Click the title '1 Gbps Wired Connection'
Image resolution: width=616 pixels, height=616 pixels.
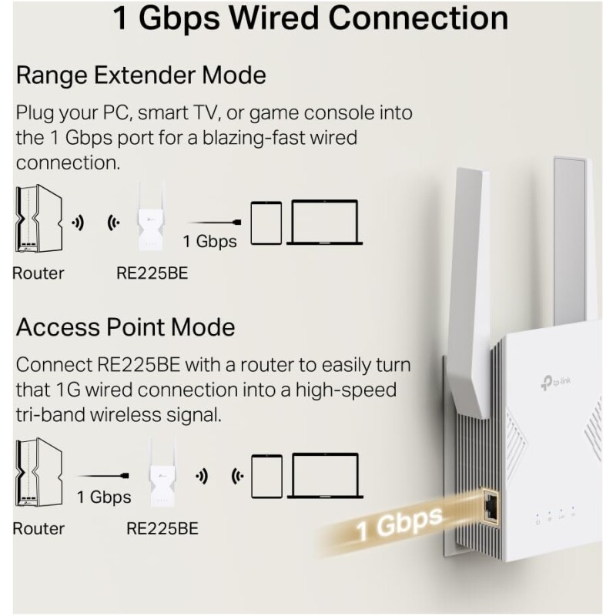(310, 18)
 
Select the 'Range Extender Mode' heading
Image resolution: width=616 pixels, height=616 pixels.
(141, 75)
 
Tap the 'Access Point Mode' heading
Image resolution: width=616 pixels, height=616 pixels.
(126, 327)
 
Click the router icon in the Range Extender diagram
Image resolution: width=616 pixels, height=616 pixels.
(38, 219)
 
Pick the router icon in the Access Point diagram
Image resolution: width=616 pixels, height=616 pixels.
(38, 473)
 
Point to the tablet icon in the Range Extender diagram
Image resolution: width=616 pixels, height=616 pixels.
(266, 223)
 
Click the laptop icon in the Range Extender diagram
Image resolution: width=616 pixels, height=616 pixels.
(324, 223)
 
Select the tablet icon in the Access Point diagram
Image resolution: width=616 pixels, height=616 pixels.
(266, 477)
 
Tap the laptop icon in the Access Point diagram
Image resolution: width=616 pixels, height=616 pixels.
(325, 476)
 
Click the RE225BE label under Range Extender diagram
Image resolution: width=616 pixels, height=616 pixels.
(152, 273)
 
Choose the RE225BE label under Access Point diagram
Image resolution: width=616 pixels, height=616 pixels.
(162, 529)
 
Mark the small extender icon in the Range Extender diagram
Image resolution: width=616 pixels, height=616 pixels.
(150, 216)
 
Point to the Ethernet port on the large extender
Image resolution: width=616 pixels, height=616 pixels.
(490, 505)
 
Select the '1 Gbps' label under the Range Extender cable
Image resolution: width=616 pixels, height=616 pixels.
(210, 241)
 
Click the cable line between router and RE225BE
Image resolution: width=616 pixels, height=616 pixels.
(104, 476)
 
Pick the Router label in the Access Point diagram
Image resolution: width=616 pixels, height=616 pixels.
(38, 529)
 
